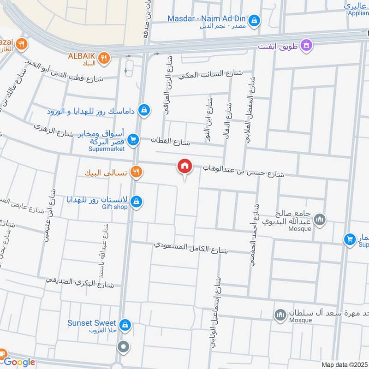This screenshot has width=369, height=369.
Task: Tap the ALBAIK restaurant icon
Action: coord(105,58)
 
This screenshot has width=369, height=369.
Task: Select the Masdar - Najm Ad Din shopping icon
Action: coord(254,20)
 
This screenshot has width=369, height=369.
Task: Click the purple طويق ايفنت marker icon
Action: coord(306,45)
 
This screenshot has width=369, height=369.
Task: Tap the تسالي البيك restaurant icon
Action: coord(136,173)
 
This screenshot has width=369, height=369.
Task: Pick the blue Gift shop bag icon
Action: coord(136,201)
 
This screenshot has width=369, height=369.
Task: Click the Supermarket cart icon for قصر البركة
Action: coord(133,139)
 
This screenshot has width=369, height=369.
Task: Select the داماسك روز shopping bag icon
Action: coord(144,110)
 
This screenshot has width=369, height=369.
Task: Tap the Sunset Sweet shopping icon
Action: coord(124,326)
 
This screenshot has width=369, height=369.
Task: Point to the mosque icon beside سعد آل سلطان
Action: coord(280,315)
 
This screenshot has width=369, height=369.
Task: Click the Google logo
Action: coord(19,362)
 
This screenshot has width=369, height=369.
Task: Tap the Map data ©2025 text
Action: coord(344,365)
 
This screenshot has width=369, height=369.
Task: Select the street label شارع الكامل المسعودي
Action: coord(191,247)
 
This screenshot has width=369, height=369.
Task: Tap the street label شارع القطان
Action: coord(175,142)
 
